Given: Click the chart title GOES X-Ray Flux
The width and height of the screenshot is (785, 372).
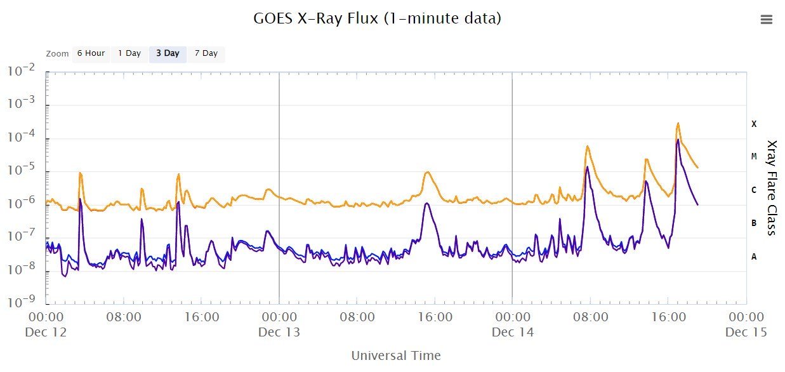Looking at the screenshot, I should (377, 18).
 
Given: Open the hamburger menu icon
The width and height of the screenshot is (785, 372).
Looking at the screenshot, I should (766, 20).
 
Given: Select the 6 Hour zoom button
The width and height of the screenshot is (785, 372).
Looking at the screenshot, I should (91, 53).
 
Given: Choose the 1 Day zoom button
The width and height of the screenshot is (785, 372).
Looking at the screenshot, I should (129, 53).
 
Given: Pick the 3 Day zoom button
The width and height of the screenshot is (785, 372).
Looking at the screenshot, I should (168, 53).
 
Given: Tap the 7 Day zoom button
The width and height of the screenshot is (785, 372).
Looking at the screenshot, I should (206, 53).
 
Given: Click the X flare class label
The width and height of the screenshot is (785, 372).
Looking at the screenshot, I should (754, 124).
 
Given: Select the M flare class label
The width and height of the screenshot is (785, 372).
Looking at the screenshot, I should (754, 156).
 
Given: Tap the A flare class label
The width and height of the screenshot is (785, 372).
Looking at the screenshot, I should (754, 256).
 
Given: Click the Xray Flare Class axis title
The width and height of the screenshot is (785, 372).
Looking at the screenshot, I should (772, 187).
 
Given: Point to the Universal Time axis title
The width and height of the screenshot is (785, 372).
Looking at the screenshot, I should (396, 355).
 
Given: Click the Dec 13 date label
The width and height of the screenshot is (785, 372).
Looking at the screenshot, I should (279, 332).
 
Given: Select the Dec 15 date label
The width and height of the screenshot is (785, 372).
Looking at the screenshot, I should (746, 332).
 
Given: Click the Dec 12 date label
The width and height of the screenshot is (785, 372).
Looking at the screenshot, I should (46, 332).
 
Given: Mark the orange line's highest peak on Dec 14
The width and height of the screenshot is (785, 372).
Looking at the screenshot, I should (678, 123).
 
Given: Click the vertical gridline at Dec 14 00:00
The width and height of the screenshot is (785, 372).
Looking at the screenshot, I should (512, 190).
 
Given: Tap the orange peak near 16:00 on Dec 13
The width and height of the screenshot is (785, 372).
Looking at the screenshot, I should (428, 172).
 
